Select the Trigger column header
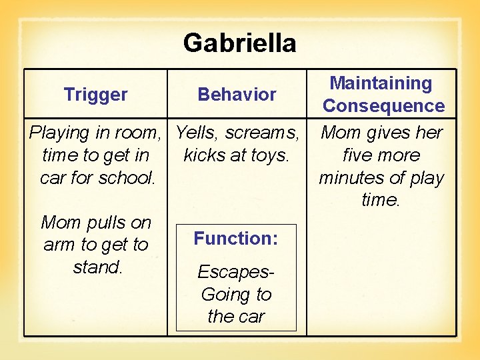95,95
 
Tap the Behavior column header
237,95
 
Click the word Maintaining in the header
381,83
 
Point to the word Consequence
383,106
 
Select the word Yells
197,133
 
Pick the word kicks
203,155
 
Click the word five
359,155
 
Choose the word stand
97,267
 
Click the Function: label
236,239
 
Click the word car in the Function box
250,317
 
